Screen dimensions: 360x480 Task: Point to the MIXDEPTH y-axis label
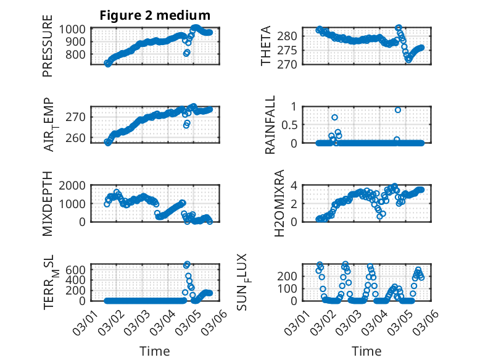[x=48, y=204]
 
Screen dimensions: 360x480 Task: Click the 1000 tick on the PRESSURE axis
[x=75, y=29]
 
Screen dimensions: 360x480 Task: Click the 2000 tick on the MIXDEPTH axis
[x=75, y=185]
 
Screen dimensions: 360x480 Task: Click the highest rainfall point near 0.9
[x=398, y=110]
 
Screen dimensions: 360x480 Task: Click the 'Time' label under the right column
[x=366, y=351]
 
